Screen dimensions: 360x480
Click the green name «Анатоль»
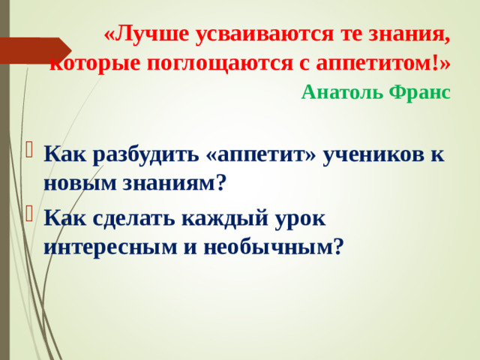tap(338, 92)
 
